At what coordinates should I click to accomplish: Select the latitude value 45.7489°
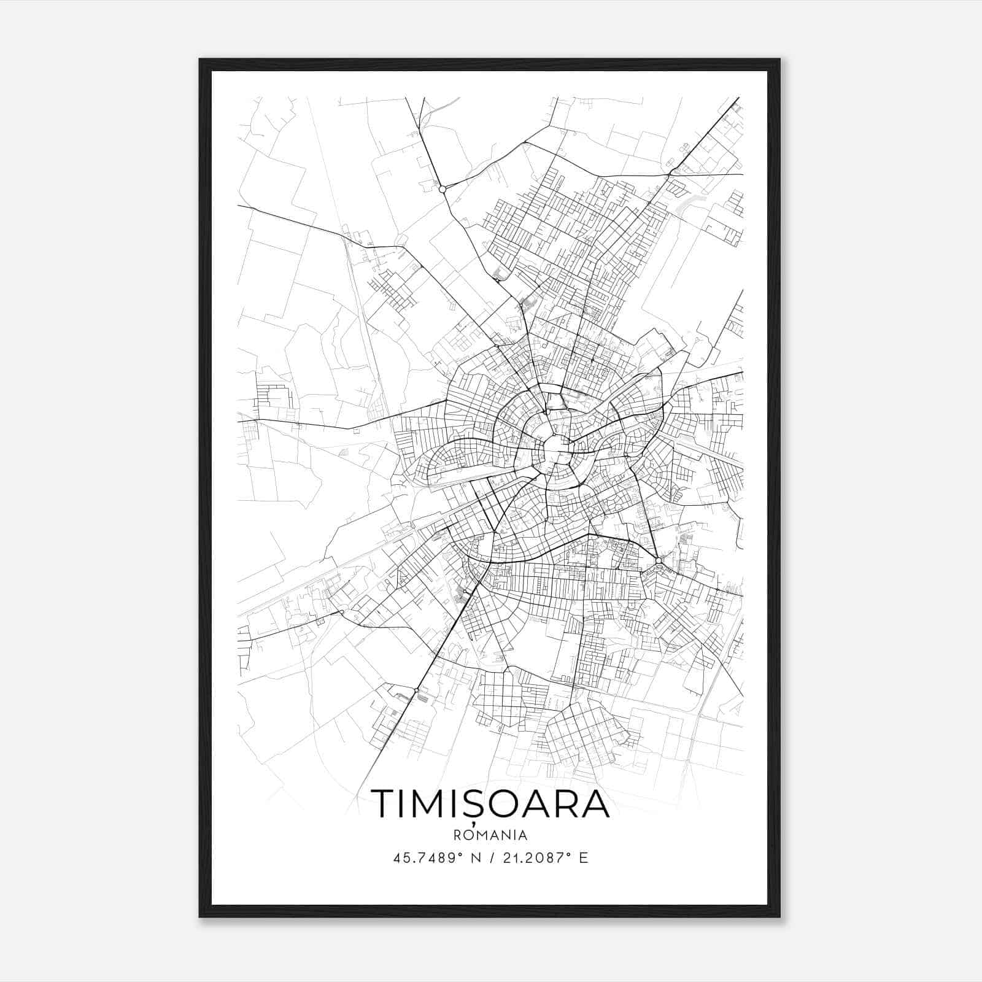pos(427,857)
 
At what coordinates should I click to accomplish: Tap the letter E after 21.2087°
pos(584,857)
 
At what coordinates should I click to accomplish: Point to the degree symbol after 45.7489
pos(459,854)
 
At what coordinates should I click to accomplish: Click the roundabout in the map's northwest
pos(443,189)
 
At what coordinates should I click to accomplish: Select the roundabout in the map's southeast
pos(659,560)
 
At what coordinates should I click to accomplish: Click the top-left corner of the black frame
pos(200,60)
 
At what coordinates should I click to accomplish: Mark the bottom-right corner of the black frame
pos(779,916)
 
